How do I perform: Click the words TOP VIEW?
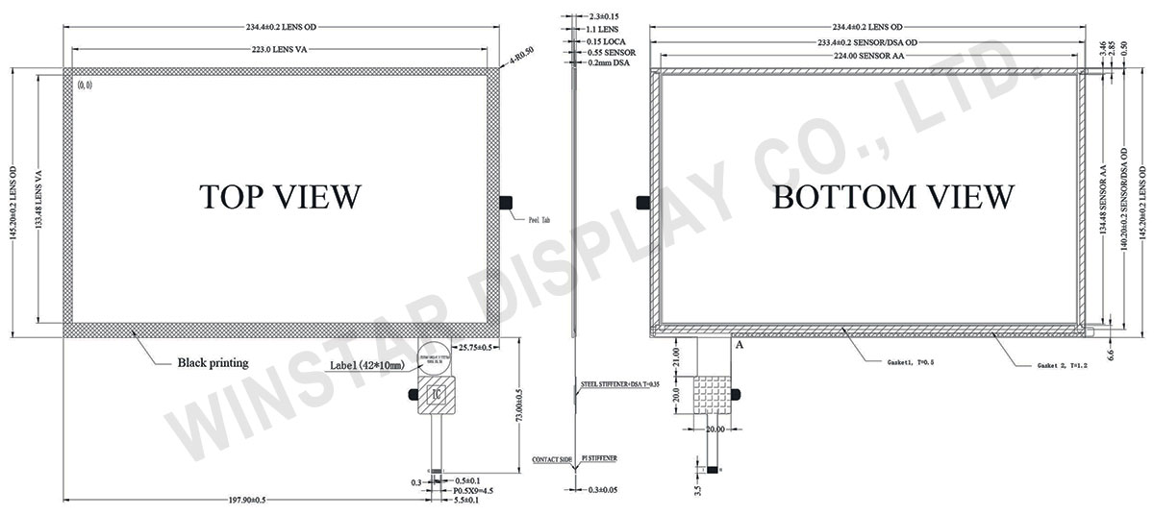(x=280, y=196)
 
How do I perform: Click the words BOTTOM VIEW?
(x=892, y=197)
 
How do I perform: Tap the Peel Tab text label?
(x=539, y=220)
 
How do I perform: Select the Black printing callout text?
(x=213, y=363)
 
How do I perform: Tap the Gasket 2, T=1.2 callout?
(x=1064, y=368)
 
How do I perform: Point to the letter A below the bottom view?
(x=740, y=343)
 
